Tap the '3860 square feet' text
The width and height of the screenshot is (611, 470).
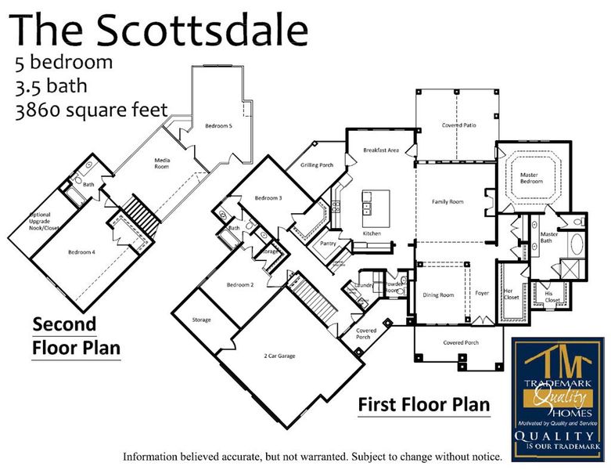[91, 110]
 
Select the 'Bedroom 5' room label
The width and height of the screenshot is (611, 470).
[219, 125]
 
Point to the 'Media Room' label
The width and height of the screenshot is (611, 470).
[162, 163]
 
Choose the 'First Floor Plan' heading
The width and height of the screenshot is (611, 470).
[424, 405]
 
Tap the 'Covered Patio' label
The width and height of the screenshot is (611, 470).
[458, 125]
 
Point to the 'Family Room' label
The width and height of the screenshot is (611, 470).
[447, 201]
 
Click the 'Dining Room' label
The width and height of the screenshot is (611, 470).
[438, 295]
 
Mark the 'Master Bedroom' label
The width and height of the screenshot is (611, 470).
[527, 179]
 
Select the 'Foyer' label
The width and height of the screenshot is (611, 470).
[482, 295]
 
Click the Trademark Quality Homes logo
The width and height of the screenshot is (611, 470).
[557, 399]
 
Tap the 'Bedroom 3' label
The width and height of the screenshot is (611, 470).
[268, 198]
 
